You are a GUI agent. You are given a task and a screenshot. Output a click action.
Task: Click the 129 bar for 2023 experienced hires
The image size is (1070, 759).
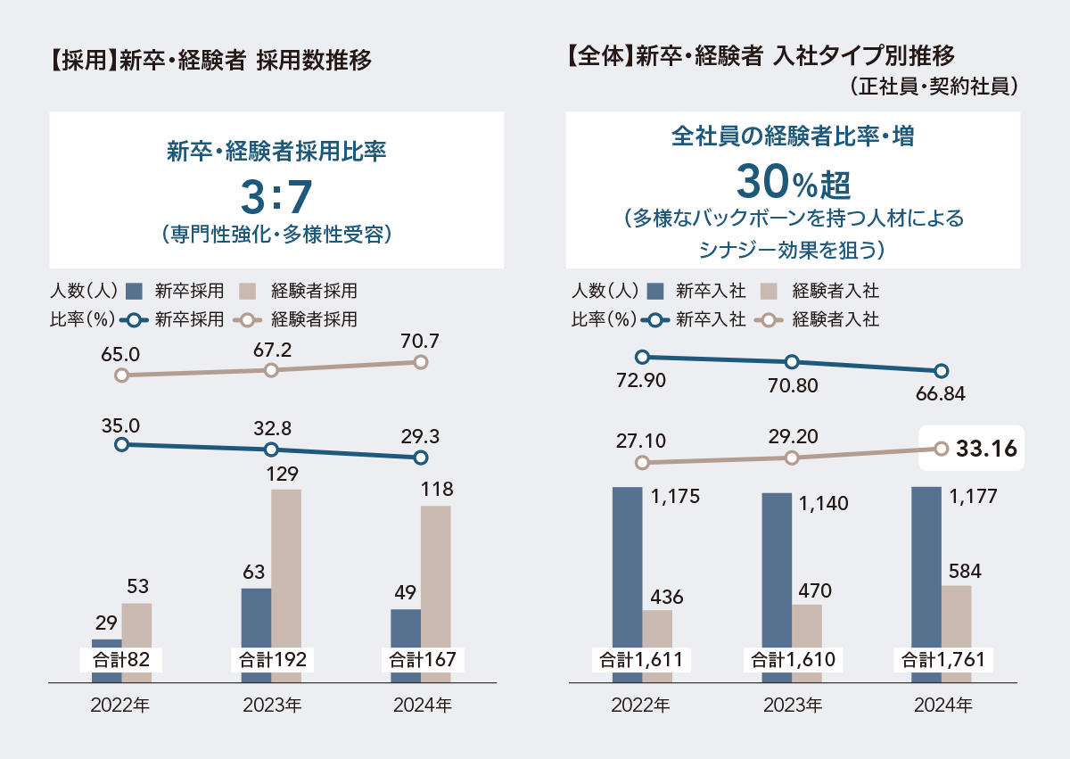pos(286,571)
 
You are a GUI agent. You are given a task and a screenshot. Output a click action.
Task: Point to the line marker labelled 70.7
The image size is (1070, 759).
pos(422,362)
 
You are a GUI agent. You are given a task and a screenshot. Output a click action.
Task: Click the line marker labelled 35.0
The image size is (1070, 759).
pos(122,443)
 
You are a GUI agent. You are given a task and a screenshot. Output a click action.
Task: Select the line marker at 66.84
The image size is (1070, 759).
pos(941,371)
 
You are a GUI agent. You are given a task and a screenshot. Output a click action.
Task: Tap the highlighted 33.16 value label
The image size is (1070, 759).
pos(986,449)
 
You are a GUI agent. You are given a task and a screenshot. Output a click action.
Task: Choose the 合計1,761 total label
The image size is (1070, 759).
pos(943,661)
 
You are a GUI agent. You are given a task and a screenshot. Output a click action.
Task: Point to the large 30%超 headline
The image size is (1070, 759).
pos(793,184)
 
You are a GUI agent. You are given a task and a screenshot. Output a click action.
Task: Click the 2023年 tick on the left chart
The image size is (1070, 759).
pos(272,705)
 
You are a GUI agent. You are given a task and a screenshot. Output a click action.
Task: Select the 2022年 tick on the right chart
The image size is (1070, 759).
pos(641,705)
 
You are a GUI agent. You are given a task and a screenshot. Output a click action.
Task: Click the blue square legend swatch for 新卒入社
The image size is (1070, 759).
pos(655,291)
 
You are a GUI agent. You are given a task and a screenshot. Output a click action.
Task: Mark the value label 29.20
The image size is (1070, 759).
pos(791,436)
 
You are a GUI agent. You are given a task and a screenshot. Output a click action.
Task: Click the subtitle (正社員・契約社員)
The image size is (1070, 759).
pos(933,87)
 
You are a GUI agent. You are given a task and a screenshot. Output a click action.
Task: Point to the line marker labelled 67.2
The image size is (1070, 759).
pos(272,369)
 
